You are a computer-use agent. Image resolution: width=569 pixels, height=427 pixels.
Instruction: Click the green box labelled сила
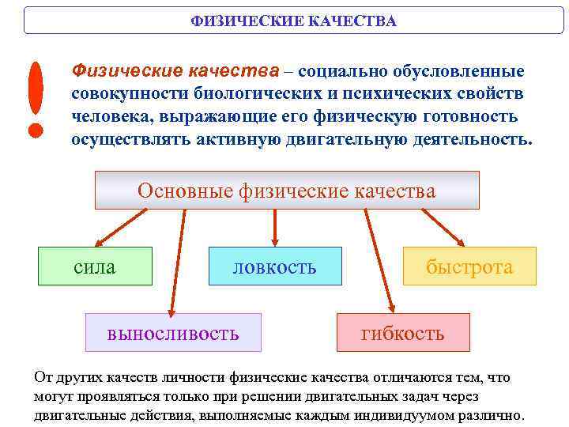click(95, 266)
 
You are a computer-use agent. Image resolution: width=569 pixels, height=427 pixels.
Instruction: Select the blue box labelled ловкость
click(274, 266)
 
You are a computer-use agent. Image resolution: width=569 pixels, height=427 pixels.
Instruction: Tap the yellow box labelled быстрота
click(469, 266)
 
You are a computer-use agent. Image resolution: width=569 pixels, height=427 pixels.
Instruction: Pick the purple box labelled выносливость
click(173, 332)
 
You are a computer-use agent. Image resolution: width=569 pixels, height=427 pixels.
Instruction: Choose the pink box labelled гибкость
click(403, 332)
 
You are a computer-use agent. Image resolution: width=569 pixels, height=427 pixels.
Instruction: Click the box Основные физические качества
click(286, 191)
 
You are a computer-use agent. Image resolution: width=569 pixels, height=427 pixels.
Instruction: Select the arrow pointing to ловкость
click(274, 228)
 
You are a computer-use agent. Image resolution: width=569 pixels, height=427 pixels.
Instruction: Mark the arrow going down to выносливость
click(175, 261)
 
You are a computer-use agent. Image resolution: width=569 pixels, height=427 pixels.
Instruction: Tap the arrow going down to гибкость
click(377, 261)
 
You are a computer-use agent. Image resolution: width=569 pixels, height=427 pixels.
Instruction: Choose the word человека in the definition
click(110, 117)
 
